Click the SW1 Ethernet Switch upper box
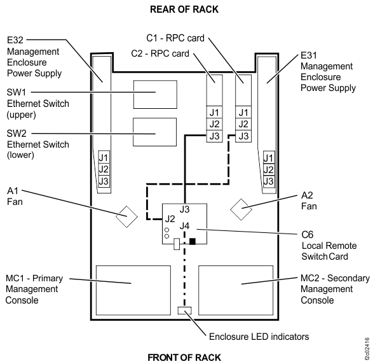(x=154, y=95)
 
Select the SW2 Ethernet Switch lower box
(x=154, y=134)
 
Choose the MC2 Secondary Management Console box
(x=236, y=283)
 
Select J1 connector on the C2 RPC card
(x=214, y=113)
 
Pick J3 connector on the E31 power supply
(x=268, y=181)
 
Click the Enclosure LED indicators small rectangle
(x=184, y=311)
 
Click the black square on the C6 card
(x=193, y=242)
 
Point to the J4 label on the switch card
(x=184, y=225)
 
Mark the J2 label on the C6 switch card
(x=168, y=219)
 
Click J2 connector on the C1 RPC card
(x=241, y=124)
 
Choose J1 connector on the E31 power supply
(x=268, y=158)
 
